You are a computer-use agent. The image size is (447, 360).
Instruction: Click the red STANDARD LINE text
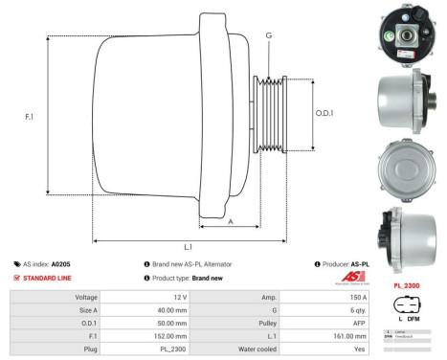(x=49, y=278)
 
